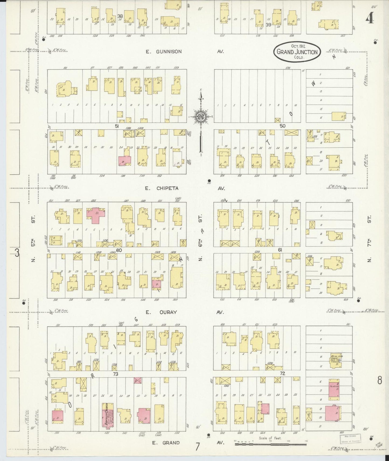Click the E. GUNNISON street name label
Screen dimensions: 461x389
coord(163,52)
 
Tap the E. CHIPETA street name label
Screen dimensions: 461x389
coord(162,189)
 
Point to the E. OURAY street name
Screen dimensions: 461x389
coord(161,312)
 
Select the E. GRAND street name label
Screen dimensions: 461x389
coord(162,442)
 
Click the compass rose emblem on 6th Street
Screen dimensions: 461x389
coord(201,116)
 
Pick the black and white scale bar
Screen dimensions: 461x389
coord(270,444)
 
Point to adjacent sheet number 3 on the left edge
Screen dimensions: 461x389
coord(17,253)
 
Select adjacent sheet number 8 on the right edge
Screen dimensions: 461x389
coord(380,380)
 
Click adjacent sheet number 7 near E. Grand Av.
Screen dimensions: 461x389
coord(198,447)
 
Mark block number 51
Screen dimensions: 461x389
coord(117,126)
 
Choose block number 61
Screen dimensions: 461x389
coord(280,250)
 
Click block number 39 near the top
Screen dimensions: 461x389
coord(268,25)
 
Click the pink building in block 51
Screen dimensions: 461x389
coord(124,160)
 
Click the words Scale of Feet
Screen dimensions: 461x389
coord(270,438)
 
